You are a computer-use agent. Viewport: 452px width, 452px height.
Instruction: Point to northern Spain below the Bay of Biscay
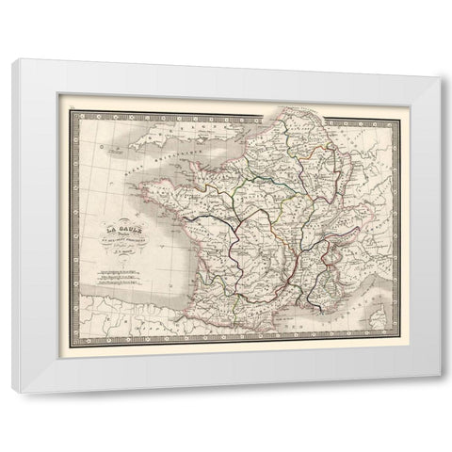tap(141, 306)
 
